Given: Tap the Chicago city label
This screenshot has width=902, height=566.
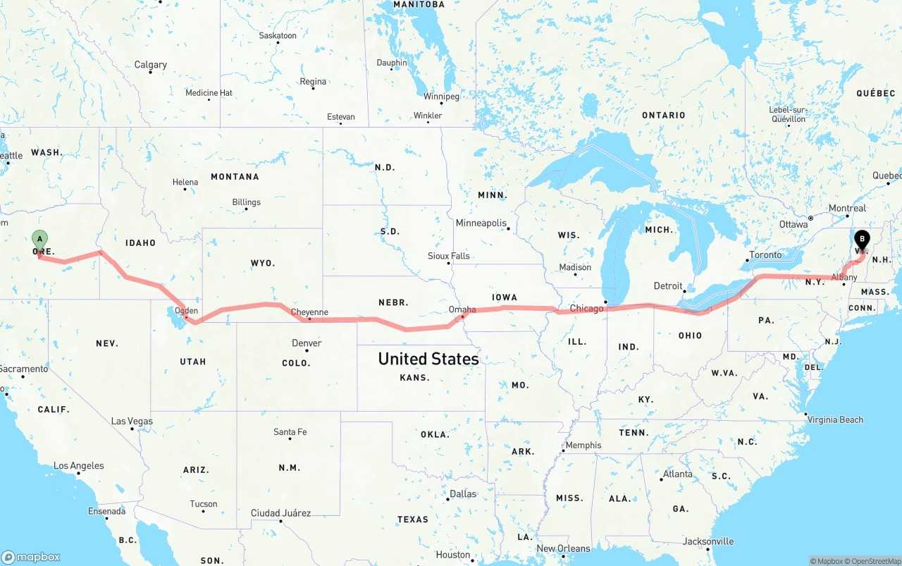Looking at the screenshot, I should (586, 308).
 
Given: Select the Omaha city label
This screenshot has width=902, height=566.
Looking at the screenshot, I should (462, 309).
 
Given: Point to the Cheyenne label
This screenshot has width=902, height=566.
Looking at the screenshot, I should (309, 312).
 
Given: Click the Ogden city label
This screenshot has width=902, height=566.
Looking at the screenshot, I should (186, 310).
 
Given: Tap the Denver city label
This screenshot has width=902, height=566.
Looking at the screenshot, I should (307, 343).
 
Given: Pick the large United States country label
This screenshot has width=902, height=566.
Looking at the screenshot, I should (428, 359).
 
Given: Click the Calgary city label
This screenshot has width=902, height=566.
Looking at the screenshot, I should (151, 65).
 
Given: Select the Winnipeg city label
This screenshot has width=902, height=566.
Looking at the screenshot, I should (441, 97).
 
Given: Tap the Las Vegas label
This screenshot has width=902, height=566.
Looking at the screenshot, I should (132, 422).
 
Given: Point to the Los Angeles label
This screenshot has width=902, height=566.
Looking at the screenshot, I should (79, 466).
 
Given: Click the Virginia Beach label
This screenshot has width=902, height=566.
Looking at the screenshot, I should (836, 420).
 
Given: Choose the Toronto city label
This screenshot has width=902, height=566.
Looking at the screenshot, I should (765, 255).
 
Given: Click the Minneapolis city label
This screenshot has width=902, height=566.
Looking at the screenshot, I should (481, 223).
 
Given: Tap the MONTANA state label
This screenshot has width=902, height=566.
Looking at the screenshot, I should (235, 177).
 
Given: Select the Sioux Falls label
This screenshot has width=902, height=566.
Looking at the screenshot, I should (449, 256).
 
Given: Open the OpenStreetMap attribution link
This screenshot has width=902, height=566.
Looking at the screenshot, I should (873, 561).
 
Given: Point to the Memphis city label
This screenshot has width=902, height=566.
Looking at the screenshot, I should (583, 445).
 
